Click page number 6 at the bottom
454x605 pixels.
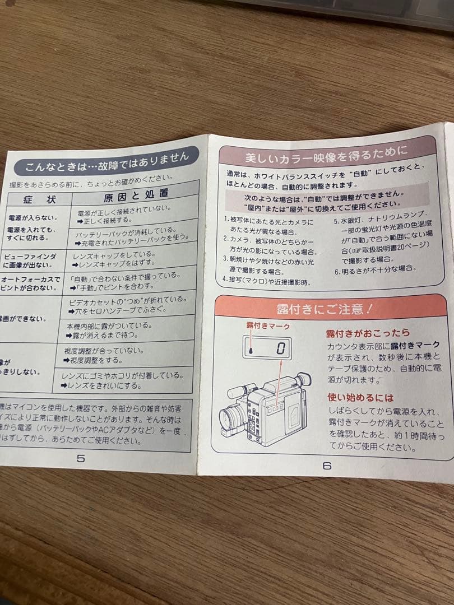(327, 465)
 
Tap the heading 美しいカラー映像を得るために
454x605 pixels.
(326, 151)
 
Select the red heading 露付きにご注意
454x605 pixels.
(325, 308)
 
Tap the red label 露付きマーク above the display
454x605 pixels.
(268, 325)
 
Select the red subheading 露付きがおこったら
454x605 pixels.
(368, 333)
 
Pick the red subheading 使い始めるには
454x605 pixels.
(361, 397)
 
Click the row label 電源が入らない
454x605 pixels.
(33, 217)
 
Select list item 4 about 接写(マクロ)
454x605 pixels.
(267, 280)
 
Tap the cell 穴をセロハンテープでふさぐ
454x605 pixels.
(114, 310)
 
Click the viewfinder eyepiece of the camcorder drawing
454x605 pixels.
(303, 379)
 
